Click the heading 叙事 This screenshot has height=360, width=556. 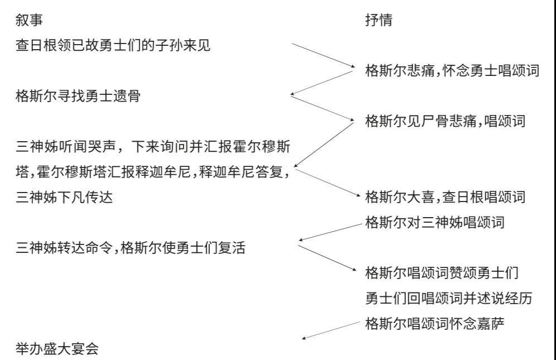point(29,20)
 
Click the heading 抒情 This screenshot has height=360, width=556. point(379,20)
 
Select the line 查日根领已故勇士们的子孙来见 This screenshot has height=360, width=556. point(113,45)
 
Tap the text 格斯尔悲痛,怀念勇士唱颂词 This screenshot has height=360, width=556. point(452,70)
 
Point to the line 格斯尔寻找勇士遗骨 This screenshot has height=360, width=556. point(78,96)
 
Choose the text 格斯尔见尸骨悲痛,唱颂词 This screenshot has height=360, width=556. point(445,121)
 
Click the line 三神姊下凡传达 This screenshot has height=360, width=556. point(64,197)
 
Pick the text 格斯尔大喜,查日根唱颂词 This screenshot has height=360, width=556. point(445,197)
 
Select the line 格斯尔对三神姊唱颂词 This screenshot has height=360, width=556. point(435,223)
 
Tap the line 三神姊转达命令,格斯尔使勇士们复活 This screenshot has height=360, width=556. point(131,248)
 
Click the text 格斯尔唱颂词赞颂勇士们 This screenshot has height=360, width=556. point(442,273)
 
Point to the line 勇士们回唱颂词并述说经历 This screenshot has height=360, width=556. point(449,299)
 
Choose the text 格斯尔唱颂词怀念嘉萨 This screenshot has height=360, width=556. point(435,324)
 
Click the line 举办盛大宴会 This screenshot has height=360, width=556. point(57,349)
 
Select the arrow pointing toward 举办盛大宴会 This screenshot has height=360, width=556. point(331,330)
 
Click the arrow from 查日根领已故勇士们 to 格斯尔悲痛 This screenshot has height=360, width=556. point(323,55)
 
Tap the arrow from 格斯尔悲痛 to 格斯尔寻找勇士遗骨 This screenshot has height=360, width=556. point(322,83)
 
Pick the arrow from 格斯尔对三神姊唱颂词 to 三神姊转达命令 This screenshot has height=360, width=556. point(330,232)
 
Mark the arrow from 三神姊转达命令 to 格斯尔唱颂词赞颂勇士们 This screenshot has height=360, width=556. point(327,258)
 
